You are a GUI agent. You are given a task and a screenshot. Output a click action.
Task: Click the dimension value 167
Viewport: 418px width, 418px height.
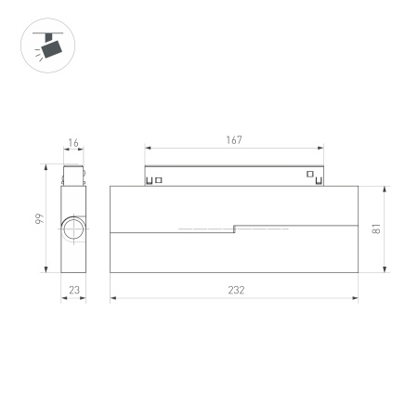(233, 140)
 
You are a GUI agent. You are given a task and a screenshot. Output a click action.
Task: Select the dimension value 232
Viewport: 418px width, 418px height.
(235, 290)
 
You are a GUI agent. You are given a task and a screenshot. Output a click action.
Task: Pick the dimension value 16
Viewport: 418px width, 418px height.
(73, 144)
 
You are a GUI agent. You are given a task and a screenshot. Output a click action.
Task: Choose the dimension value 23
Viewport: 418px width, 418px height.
(74, 290)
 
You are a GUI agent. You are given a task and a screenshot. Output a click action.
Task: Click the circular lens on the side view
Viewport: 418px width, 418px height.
(73, 229)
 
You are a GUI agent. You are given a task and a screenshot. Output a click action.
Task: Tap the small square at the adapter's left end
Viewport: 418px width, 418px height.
(159, 179)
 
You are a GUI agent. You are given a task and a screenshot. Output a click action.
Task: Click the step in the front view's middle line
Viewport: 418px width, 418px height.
(234, 227)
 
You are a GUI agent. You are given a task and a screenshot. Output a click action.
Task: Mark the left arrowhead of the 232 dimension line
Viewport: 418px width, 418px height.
(113, 298)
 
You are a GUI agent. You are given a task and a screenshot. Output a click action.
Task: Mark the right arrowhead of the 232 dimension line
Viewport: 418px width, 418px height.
(356, 298)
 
